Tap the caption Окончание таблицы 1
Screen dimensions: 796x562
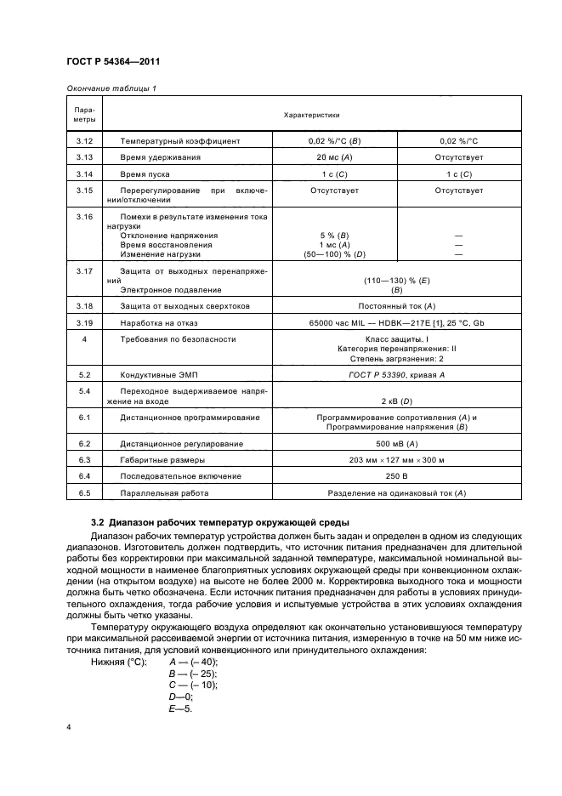click(111, 88)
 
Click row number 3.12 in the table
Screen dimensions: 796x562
click(84, 140)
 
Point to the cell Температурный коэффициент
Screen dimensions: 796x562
click(180, 140)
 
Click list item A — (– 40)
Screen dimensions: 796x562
click(194, 662)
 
